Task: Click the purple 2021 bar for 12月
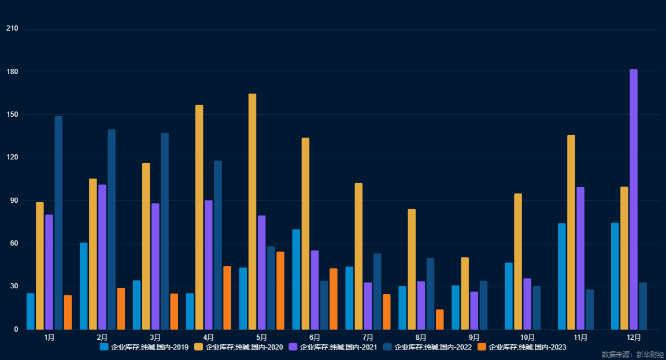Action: pos(634,199)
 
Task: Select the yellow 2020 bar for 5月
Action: pos(252,211)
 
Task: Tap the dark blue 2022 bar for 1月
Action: pos(58,222)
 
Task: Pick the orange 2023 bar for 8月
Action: pos(440,320)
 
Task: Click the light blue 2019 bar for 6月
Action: pos(296,280)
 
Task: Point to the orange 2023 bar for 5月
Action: pos(280,291)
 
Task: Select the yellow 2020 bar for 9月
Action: pos(465,294)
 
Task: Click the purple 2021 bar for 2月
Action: pos(102,257)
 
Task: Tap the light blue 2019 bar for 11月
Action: pos(562,276)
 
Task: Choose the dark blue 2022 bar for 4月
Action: pos(218,245)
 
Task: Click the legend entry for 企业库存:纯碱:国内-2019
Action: pos(144,347)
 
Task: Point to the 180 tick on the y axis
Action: pos(13,72)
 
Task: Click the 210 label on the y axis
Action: pos(13,29)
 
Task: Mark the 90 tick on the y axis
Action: pos(14,201)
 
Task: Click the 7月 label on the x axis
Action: pos(368,337)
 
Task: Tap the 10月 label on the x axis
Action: pos(527,337)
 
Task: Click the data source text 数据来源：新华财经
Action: pos(632,354)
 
